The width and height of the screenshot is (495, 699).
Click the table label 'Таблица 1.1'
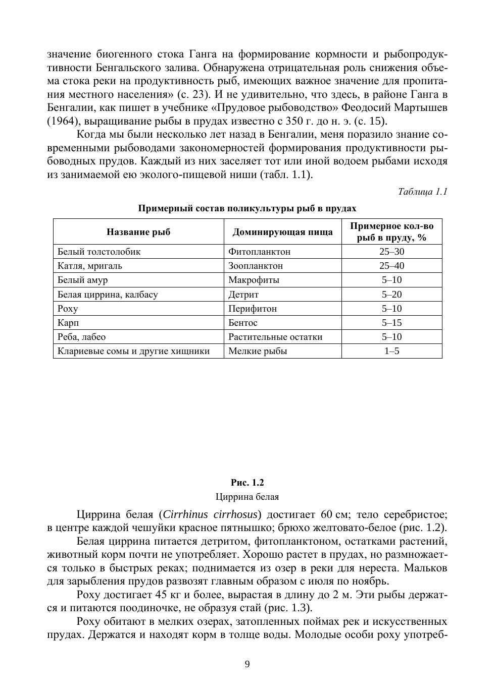(422, 192)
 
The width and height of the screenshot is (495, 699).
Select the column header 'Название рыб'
(138, 232)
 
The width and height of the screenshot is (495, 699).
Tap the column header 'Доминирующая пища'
(282, 232)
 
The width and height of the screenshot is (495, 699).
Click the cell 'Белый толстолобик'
(99, 252)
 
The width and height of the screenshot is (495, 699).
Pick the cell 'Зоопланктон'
(256, 266)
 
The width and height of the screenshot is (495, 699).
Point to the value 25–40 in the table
(391, 266)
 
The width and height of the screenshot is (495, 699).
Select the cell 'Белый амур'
(82, 280)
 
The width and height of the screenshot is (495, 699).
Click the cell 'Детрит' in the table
(243, 295)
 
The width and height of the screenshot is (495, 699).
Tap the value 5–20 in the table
(391, 295)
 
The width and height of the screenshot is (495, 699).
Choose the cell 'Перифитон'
(253, 309)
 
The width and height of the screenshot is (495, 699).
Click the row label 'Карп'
(69, 323)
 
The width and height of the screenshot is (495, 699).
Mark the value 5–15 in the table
(391, 323)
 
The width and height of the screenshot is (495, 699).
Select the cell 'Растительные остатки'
(275, 337)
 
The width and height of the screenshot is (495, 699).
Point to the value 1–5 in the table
(391, 351)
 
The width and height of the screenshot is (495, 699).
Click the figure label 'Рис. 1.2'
(247, 483)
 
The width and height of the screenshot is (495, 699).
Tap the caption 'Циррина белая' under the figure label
(247, 497)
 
